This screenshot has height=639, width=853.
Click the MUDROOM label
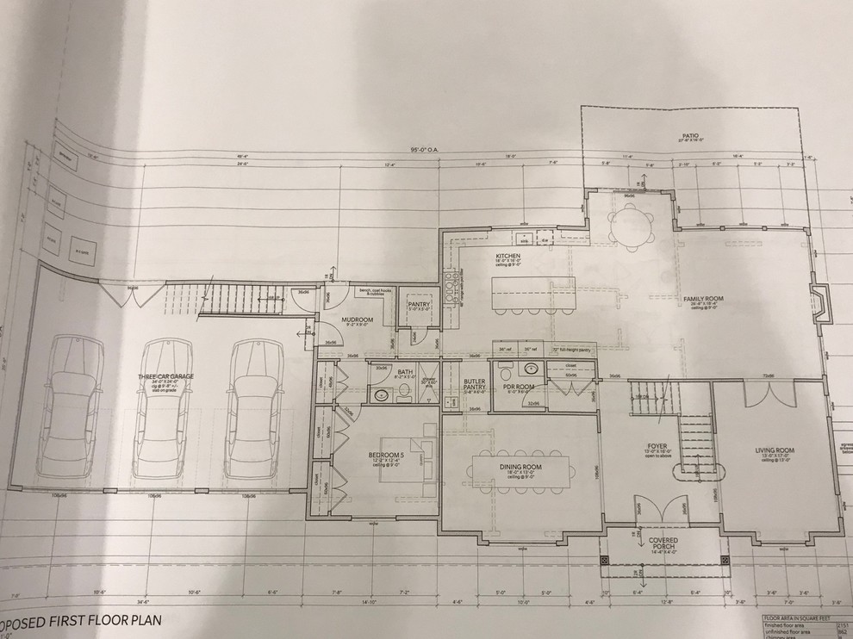tap(356, 319)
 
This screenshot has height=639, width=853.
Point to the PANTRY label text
tap(420, 304)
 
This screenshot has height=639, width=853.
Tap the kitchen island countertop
tap(534, 292)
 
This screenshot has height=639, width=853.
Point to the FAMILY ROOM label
tap(703, 298)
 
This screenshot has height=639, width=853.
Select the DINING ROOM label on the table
tap(521, 465)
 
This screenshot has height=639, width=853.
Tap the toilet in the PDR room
tap(508, 374)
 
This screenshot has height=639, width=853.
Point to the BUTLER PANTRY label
tap(475, 384)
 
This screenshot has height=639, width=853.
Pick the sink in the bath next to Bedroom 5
tap(382, 394)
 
